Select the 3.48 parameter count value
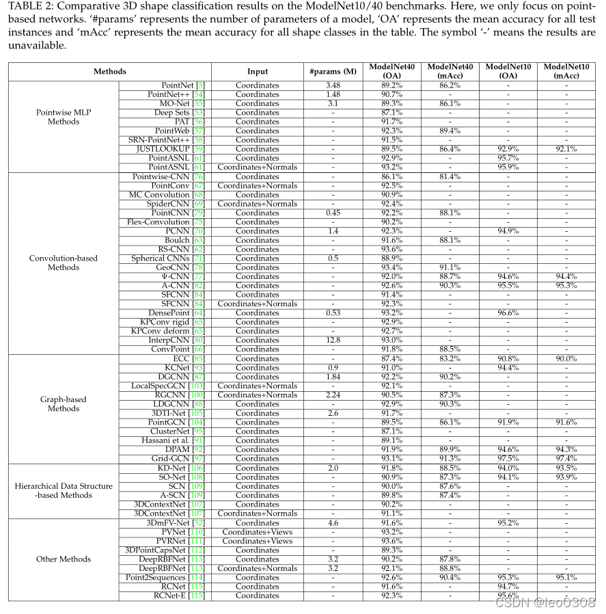333,85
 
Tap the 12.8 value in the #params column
333,340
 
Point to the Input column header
258,71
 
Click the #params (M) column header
333,71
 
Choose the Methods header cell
110,71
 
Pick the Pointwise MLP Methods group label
64,117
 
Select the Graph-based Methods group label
64,404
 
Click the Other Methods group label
64,559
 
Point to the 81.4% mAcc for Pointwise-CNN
450,176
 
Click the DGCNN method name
179,377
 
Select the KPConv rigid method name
171,322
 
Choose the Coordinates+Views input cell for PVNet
258,532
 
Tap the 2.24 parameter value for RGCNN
333,395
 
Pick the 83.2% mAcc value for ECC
450,358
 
